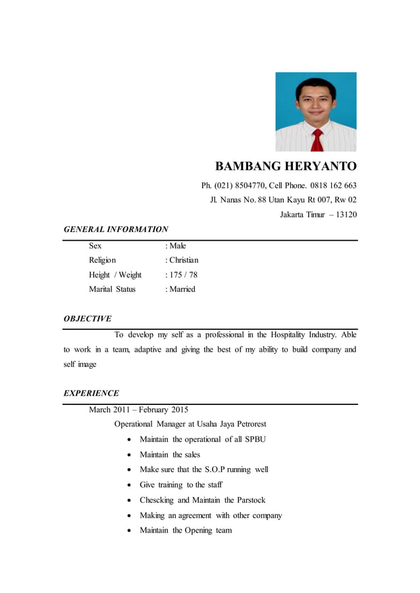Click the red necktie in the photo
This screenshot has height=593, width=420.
point(317,140)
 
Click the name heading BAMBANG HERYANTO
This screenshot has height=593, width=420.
point(286,166)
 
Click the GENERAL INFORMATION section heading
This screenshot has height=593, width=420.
point(115,229)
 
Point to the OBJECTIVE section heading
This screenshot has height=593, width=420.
point(87,319)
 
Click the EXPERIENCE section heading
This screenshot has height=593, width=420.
point(91,393)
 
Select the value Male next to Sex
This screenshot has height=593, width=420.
point(177,246)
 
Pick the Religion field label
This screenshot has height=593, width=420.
point(102,260)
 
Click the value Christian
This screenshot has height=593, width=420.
point(183,260)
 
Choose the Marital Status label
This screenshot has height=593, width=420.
point(112,289)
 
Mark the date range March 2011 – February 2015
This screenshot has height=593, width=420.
point(138,410)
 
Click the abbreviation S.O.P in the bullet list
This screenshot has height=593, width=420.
point(211,469)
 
